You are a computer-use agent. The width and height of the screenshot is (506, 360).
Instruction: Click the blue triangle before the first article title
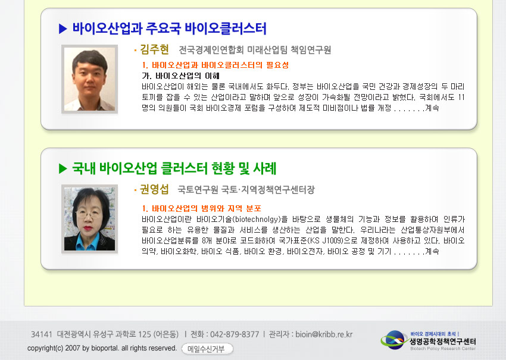(63, 29)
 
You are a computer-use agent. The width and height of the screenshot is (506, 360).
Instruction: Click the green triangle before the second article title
(63, 168)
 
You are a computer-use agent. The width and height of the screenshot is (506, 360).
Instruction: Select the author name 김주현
(155, 49)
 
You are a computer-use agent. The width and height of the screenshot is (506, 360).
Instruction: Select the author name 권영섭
(154, 189)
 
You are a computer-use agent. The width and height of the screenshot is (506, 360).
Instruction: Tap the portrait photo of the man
(89, 79)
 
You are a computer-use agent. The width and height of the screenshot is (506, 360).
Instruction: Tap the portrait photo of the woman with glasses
(89, 219)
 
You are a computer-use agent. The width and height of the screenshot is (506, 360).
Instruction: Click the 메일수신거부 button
(207, 349)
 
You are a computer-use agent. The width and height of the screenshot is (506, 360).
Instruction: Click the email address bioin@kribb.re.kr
(324, 334)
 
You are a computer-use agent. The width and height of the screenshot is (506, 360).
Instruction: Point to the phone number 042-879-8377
(235, 334)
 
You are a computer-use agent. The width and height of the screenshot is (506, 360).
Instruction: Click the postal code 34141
(41, 334)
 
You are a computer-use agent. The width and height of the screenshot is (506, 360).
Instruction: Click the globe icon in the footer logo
(394, 340)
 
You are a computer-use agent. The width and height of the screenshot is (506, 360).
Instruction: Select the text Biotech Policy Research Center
(443, 348)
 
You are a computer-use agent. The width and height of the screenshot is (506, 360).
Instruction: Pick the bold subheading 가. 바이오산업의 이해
(181, 76)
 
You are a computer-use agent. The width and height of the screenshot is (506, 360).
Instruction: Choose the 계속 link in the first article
(432, 108)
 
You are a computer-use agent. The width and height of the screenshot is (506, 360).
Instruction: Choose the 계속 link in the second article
(432, 251)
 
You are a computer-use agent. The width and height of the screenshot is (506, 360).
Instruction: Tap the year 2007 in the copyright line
(73, 348)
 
